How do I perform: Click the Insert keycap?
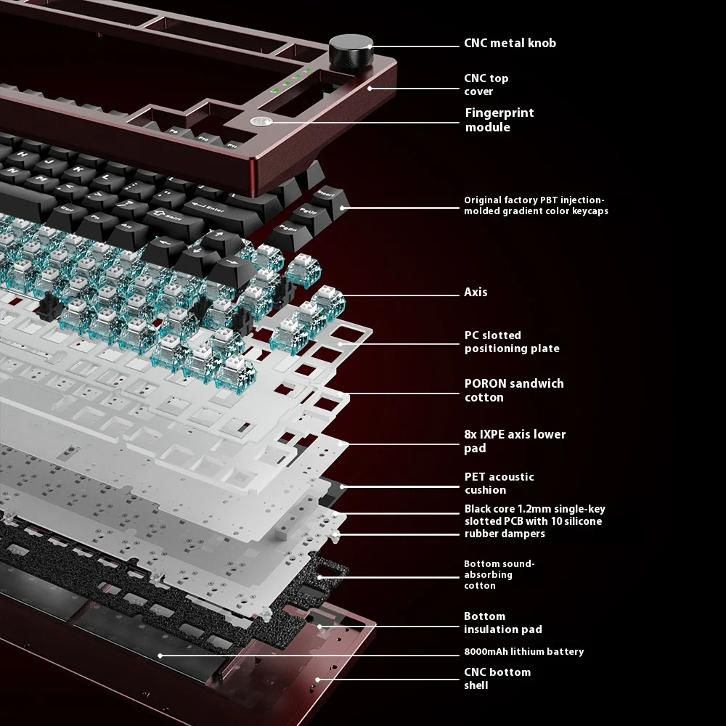(x=325, y=193)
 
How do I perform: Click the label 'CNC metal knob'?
(x=510, y=43)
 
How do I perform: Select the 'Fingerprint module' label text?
(x=499, y=120)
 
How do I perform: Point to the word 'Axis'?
(x=476, y=292)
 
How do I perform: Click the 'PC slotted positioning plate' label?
(x=511, y=342)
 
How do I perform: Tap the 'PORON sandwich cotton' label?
(x=513, y=390)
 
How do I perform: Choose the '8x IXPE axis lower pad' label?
(x=514, y=441)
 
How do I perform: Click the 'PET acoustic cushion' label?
(x=499, y=483)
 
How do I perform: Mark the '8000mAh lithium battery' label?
(x=523, y=651)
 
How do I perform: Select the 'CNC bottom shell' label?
(x=497, y=678)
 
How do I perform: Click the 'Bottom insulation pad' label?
(x=502, y=622)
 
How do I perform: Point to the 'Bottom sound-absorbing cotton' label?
(x=499, y=574)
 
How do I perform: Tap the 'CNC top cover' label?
(x=486, y=84)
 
